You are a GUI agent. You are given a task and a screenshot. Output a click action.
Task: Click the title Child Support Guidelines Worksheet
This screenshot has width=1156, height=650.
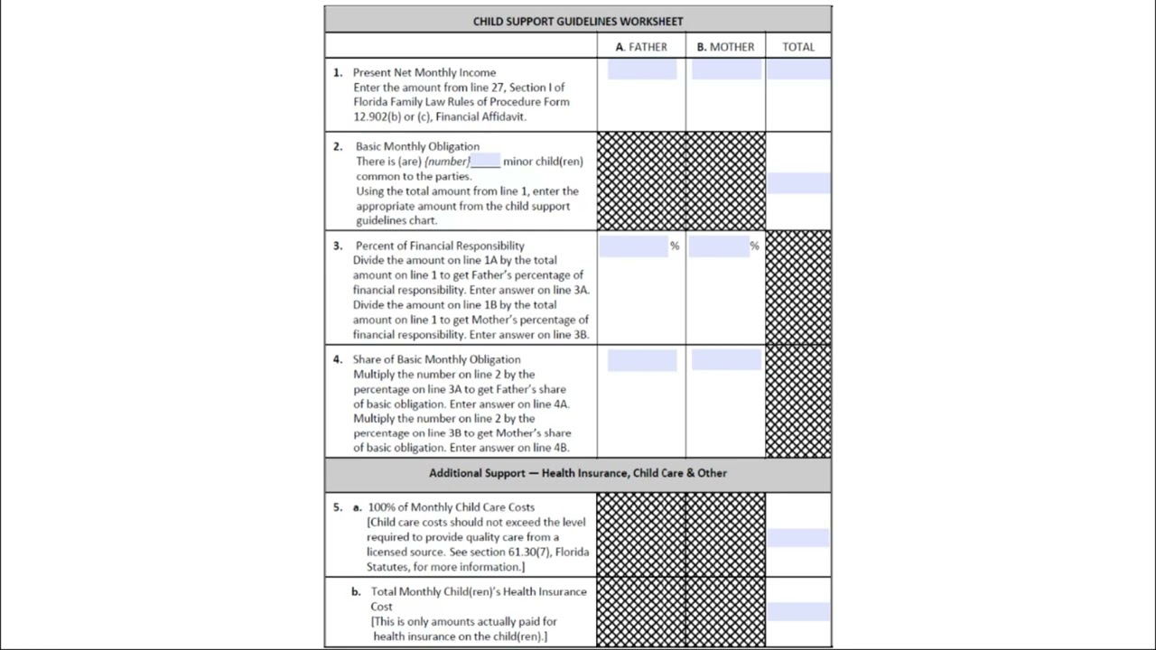pos(578,21)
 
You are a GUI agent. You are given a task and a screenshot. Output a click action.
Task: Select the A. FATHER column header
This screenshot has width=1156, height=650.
pos(641,47)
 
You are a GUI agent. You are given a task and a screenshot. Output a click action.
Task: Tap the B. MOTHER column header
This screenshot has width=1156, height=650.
pos(725,47)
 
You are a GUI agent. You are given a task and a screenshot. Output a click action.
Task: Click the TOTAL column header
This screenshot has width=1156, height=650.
pos(798,47)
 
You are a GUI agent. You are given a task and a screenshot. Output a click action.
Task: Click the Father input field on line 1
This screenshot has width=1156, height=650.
pos(642,70)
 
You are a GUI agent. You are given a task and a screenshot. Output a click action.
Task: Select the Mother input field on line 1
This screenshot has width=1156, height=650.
pos(726,70)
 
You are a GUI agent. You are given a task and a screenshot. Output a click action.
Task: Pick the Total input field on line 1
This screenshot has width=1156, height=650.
pos(798,70)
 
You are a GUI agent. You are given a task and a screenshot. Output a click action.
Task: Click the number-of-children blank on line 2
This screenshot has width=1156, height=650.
pos(485,162)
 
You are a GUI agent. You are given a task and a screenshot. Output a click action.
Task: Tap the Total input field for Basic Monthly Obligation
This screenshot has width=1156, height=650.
pos(798,183)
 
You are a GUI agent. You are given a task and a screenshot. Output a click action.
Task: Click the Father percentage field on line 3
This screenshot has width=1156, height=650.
pos(633,246)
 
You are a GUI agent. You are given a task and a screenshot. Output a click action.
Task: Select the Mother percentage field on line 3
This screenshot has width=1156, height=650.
pos(719,246)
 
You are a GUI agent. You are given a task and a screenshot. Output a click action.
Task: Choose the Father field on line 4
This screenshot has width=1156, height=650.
pos(642,360)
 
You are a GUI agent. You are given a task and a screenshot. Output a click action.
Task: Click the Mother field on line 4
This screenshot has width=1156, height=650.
pos(726,360)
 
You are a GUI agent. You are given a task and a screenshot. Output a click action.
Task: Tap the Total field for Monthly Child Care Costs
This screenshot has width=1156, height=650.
pos(798,538)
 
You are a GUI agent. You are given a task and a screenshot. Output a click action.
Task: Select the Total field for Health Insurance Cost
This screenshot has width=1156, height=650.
pos(798,611)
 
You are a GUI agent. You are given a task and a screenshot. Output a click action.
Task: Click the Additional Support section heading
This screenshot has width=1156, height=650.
pos(578,473)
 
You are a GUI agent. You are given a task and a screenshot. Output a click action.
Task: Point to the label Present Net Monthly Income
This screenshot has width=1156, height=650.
pos(424,72)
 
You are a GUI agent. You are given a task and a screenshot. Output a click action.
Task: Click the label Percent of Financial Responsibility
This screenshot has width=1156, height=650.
pos(440,246)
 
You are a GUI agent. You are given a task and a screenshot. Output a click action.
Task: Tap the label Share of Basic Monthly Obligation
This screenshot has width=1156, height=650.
pos(437,359)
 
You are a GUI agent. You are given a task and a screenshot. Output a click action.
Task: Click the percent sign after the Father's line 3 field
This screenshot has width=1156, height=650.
pos(675,246)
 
